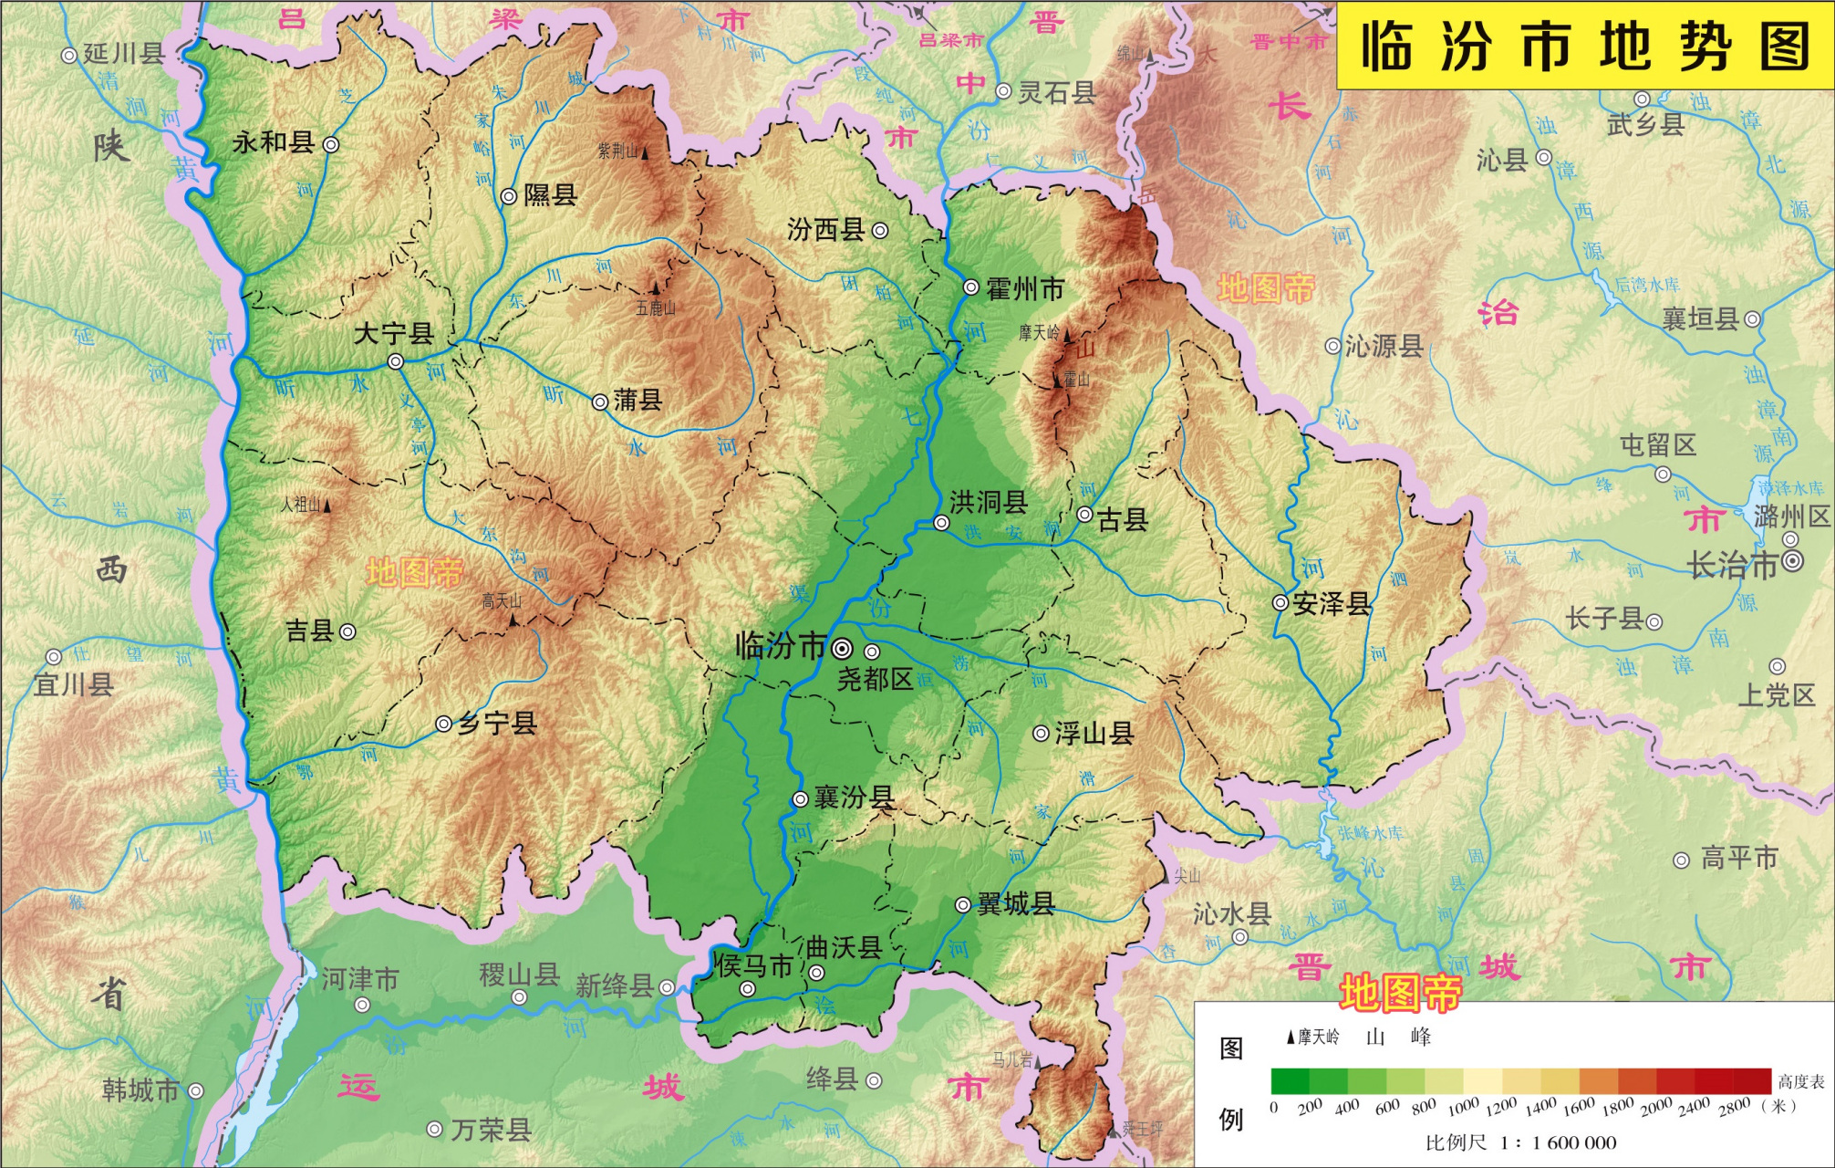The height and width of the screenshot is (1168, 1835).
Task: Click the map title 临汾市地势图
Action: pos(1585,46)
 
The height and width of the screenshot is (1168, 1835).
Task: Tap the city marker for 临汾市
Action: pos(843,649)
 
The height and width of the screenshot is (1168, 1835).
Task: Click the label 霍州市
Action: pos(1025,289)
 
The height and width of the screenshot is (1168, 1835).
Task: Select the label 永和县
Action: pos(273,142)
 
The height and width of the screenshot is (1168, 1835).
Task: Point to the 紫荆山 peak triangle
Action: pos(646,153)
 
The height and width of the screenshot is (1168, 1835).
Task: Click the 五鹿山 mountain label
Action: pos(656,308)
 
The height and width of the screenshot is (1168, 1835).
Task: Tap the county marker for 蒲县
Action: pos(600,401)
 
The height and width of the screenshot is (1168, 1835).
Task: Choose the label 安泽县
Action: pos(1332,604)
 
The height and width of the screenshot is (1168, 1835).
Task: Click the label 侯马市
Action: pos(753,965)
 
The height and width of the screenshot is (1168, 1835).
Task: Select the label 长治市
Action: pos(1733,566)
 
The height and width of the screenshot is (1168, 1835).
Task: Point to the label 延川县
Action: pos(123,53)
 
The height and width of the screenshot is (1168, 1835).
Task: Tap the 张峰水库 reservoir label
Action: pos(1371,832)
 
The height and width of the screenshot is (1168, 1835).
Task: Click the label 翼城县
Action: pos(1016,904)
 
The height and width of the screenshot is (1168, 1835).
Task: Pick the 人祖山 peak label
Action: pos(300,505)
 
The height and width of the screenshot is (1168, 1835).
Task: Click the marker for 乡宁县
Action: pos(443,725)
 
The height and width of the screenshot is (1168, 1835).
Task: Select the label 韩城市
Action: pos(140,1090)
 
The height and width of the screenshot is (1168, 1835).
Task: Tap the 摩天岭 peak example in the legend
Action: pos(1313,1037)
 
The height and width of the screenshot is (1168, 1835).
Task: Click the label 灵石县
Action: pos(1056,92)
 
